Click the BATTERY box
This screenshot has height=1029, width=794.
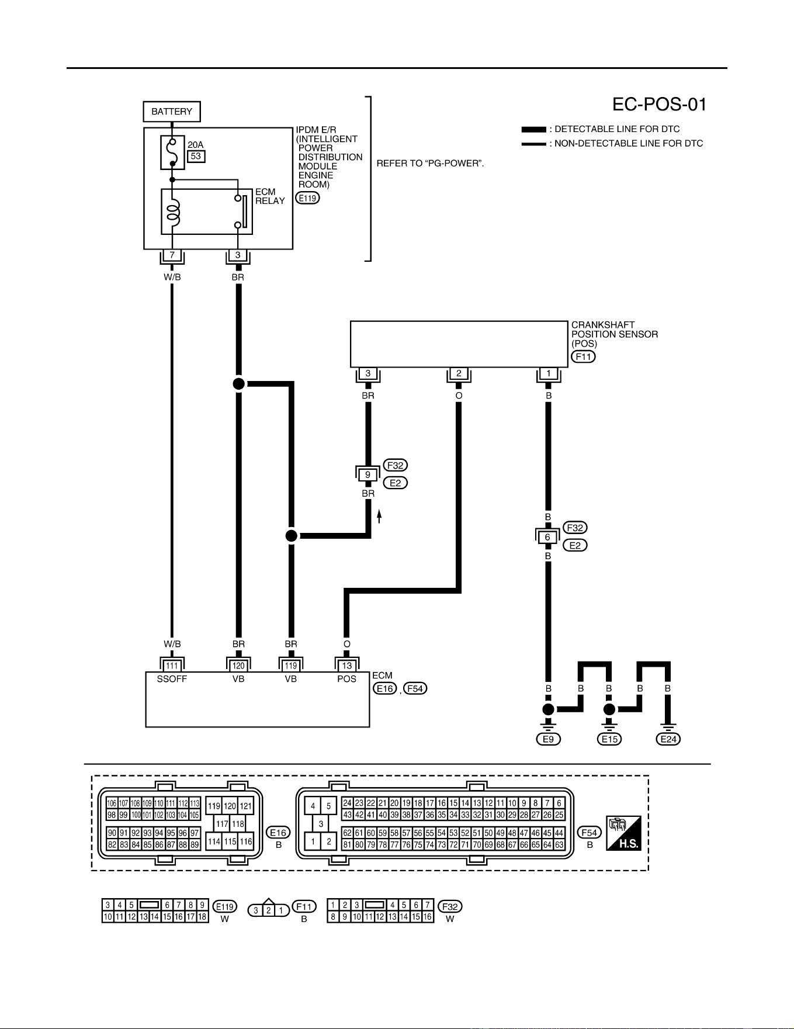[x=172, y=112]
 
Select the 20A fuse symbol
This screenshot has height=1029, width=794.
[x=172, y=153]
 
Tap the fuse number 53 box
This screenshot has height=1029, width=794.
[x=196, y=156]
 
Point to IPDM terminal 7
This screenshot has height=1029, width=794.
[x=172, y=255]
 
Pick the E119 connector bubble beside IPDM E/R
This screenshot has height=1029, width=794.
[x=308, y=198]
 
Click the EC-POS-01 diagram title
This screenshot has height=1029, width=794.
[x=659, y=105]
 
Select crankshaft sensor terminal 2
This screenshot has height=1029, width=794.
[x=459, y=373]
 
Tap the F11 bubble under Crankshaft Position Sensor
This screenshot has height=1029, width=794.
[x=583, y=356]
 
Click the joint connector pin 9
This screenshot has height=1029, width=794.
[x=367, y=474]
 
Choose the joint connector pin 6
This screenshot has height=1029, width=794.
[x=547, y=537]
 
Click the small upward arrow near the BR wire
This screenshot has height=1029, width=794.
[x=379, y=516]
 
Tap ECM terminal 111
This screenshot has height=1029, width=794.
[x=172, y=666]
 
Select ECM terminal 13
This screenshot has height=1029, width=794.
[x=347, y=666]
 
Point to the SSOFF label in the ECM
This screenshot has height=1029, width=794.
[x=172, y=679]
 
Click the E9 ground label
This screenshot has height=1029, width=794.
[x=548, y=739]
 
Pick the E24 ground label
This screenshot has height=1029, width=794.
[x=668, y=739]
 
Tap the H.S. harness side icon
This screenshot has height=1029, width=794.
[x=623, y=833]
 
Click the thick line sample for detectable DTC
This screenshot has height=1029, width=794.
[x=533, y=129]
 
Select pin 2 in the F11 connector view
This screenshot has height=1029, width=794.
[x=268, y=910]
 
